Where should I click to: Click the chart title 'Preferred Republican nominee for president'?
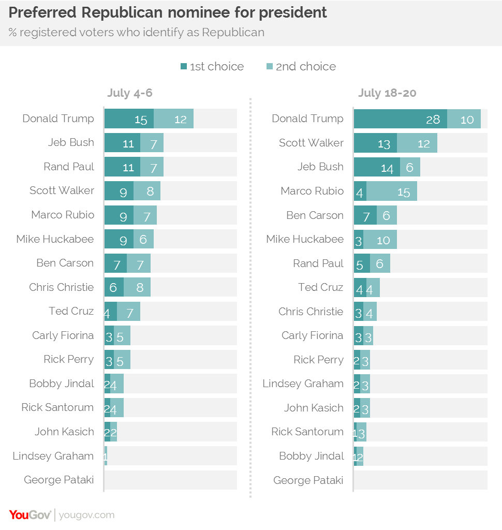[x=168, y=12]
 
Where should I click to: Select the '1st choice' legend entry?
[x=212, y=66]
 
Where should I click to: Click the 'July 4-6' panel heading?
[x=130, y=93]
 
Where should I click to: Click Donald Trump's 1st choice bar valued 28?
[x=400, y=119]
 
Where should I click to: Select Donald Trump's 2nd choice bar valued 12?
[x=174, y=119]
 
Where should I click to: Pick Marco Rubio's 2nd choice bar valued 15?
[x=392, y=192]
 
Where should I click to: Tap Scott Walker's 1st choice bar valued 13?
[x=375, y=143]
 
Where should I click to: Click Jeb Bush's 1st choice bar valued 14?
[x=377, y=167]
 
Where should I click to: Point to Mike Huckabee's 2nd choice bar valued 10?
[x=380, y=240]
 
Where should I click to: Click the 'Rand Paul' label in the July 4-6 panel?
[x=69, y=167]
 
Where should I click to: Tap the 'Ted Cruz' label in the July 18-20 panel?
[x=320, y=287]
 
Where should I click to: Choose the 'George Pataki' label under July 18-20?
[x=308, y=480]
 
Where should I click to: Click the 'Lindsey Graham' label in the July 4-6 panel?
[x=53, y=456]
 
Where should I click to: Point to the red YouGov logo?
[x=30, y=514]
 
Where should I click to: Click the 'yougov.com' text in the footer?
[x=86, y=515]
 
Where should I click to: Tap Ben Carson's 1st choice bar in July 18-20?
[x=365, y=215]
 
